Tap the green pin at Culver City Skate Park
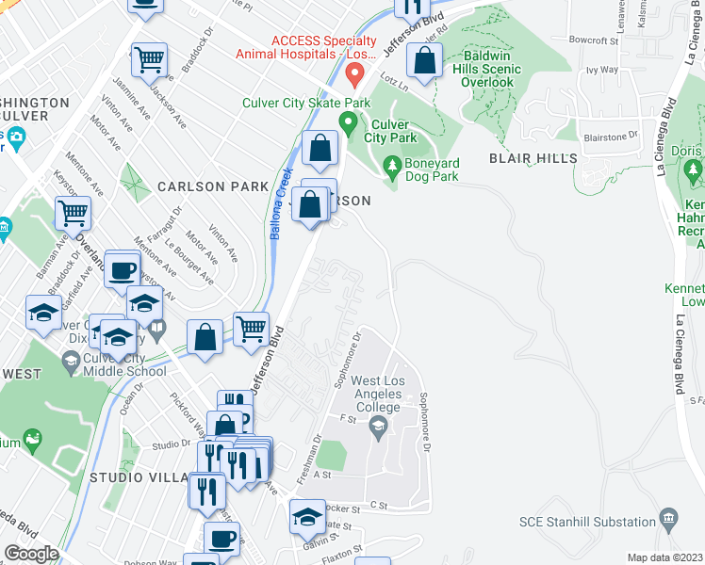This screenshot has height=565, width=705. click(x=348, y=122)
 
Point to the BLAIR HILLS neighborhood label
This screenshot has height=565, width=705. click(x=533, y=158)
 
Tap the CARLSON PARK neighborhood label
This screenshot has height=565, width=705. click(x=213, y=186)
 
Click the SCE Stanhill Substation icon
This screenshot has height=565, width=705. click(x=668, y=517)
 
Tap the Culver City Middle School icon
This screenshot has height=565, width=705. click(x=71, y=360)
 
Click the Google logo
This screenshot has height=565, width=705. click(x=31, y=554)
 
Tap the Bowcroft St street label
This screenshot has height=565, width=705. click(x=593, y=40)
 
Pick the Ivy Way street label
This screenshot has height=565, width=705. click(x=601, y=70)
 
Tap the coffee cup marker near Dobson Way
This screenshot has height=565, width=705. click(x=221, y=540)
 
